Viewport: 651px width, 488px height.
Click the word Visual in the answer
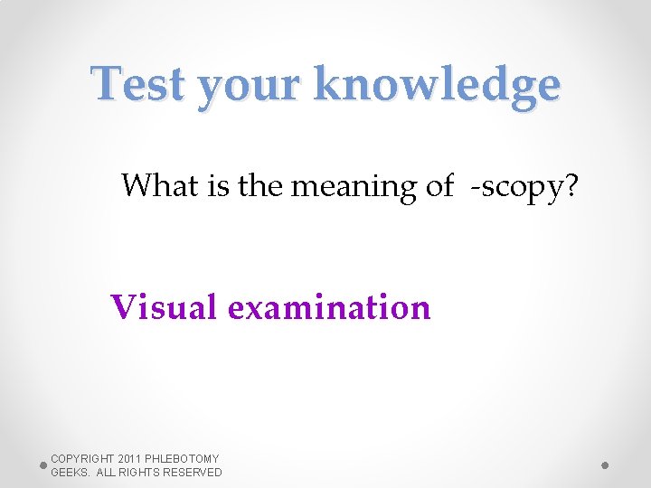(x=164, y=307)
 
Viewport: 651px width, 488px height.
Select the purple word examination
(x=329, y=307)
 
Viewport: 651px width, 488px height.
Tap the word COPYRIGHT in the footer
(x=82, y=459)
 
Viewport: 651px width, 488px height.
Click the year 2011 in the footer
(x=132, y=459)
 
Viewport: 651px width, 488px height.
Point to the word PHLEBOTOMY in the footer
(x=185, y=459)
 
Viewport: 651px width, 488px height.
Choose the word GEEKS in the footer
(x=69, y=472)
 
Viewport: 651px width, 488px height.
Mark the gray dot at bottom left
(x=42, y=465)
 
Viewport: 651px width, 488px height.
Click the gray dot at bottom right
(x=605, y=465)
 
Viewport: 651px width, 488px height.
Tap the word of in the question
(x=439, y=185)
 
